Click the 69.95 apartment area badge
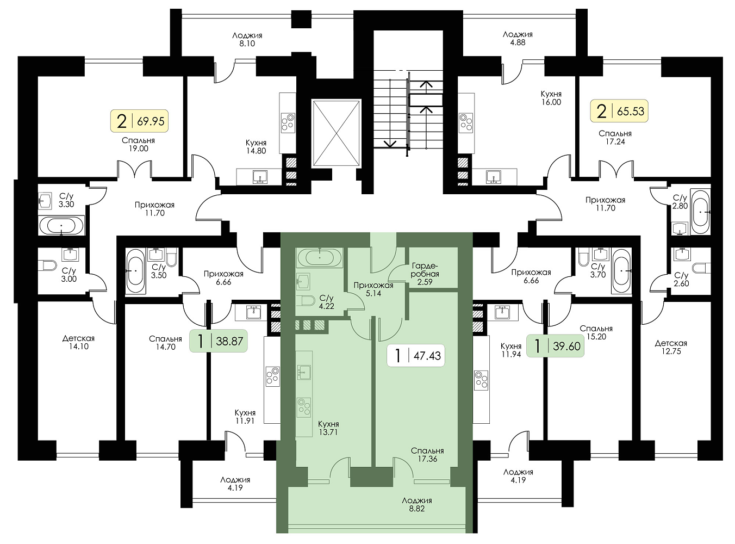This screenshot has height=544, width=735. [139, 121]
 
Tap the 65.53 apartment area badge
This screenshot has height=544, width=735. [619, 111]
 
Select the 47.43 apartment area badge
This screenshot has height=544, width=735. [416, 356]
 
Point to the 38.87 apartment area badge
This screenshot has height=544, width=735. [219, 341]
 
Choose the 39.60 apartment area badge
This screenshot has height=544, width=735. [556, 346]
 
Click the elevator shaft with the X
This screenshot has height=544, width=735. [337, 133]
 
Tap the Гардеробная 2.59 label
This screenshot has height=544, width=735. [425, 274]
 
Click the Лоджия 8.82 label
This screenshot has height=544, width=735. [417, 504]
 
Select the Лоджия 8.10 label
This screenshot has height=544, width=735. [247, 40]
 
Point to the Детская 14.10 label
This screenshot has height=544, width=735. [78, 342]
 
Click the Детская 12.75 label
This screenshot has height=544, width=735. [671, 347]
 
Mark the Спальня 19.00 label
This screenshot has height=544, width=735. [138, 144]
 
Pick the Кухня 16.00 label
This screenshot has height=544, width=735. [551, 98]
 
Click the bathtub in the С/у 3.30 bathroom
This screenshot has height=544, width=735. [61, 226]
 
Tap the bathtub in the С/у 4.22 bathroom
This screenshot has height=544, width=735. [320, 257]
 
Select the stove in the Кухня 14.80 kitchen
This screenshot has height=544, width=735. [288, 122]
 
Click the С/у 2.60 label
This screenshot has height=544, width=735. [681, 279]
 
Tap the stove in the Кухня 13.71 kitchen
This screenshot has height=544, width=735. [304, 407]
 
